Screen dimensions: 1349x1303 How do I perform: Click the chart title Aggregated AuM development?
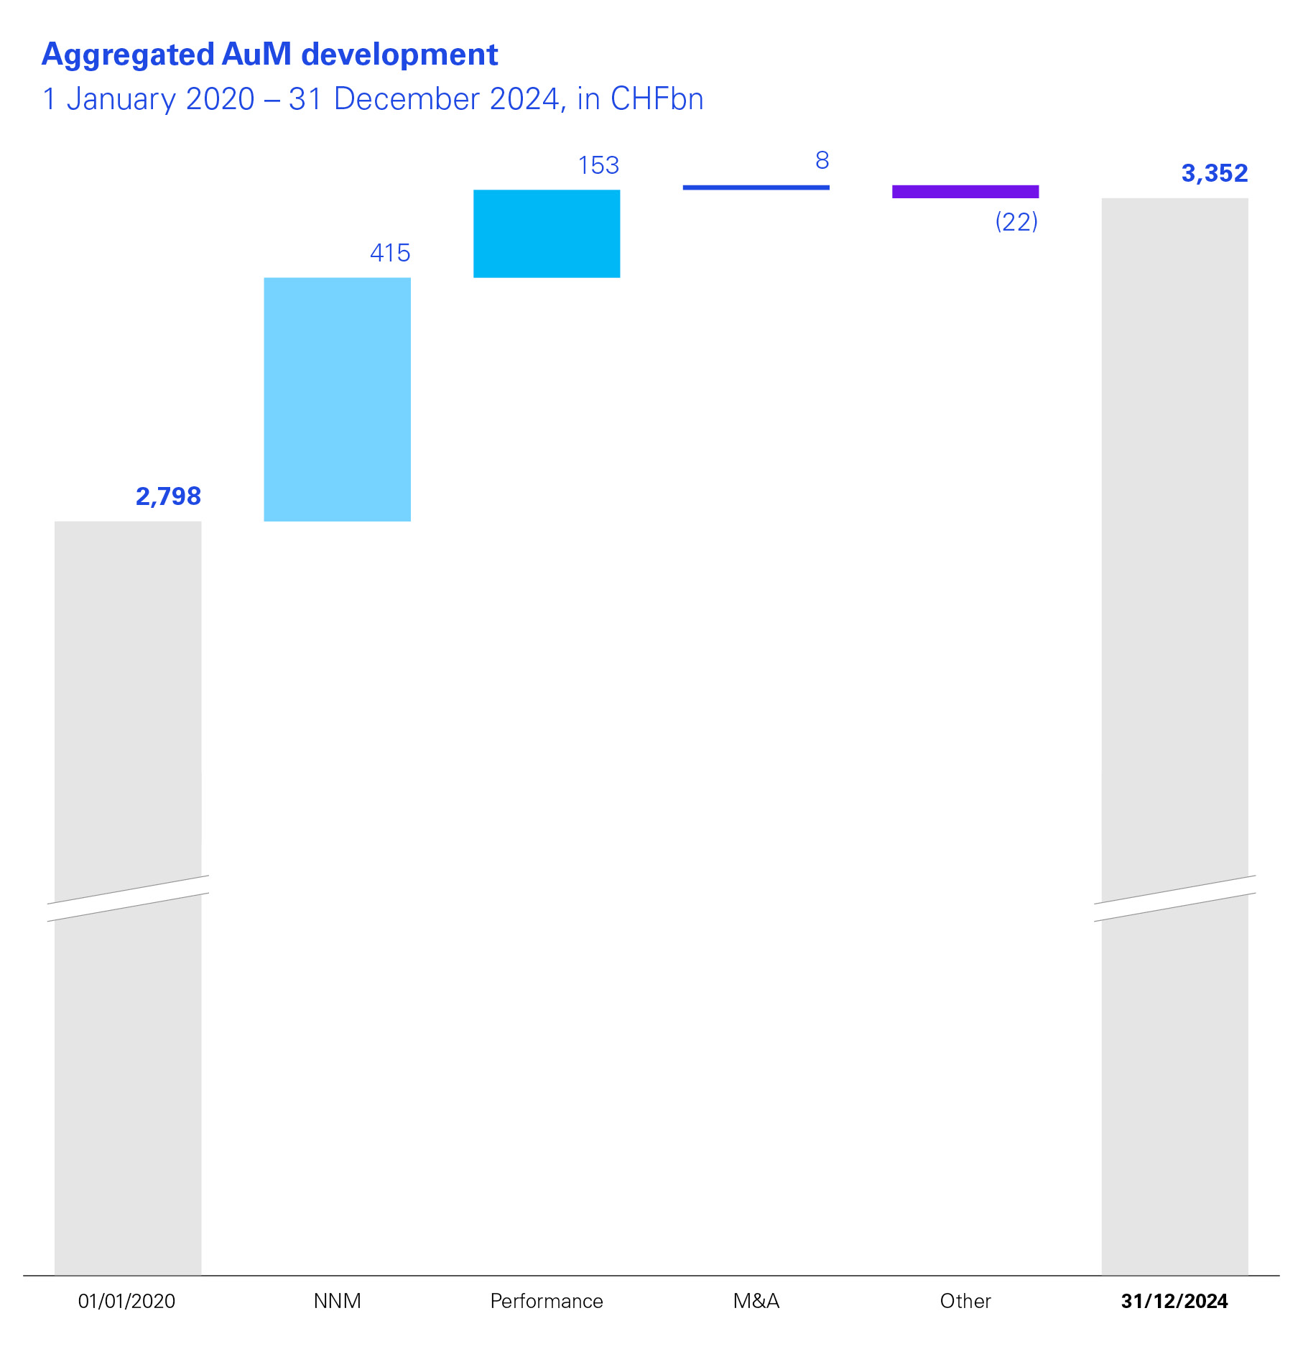(269, 55)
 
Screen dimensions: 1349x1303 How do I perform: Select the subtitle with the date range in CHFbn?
(373, 99)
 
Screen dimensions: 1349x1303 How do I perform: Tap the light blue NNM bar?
(337, 399)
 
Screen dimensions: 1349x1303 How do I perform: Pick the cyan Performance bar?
(547, 233)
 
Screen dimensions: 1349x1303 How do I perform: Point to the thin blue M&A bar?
(756, 187)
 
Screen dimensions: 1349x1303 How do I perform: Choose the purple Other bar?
(965, 192)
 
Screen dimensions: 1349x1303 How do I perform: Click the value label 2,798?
(168, 496)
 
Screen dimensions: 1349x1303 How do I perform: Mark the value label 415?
(389, 253)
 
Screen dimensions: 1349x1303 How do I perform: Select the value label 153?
(598, 166)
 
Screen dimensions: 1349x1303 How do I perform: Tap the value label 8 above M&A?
(822, 161)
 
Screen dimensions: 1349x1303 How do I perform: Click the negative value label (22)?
(1016, 222)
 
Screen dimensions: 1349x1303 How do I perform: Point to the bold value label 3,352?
(1214, 173)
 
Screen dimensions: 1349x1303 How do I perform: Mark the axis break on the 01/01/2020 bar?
(128, 898)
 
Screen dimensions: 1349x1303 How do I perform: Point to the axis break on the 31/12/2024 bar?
(1174, 898)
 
